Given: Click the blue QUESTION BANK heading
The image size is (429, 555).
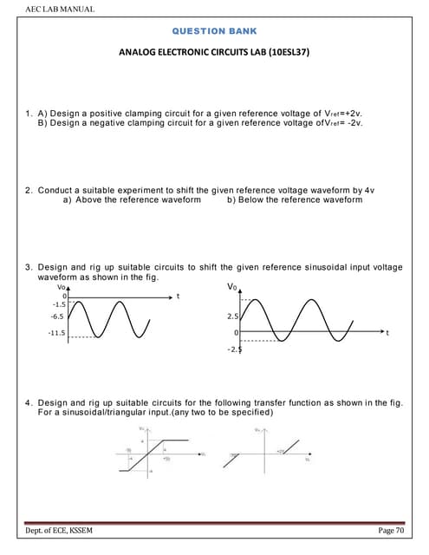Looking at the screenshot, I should tap(215, 30).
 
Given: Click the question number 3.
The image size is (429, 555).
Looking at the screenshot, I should tap(28, 267).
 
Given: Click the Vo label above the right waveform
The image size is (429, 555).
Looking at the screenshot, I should tap(231, 287).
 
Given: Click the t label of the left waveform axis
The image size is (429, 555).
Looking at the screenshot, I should tap(178, 297).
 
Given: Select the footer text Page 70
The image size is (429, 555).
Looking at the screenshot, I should tap(391, 530).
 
